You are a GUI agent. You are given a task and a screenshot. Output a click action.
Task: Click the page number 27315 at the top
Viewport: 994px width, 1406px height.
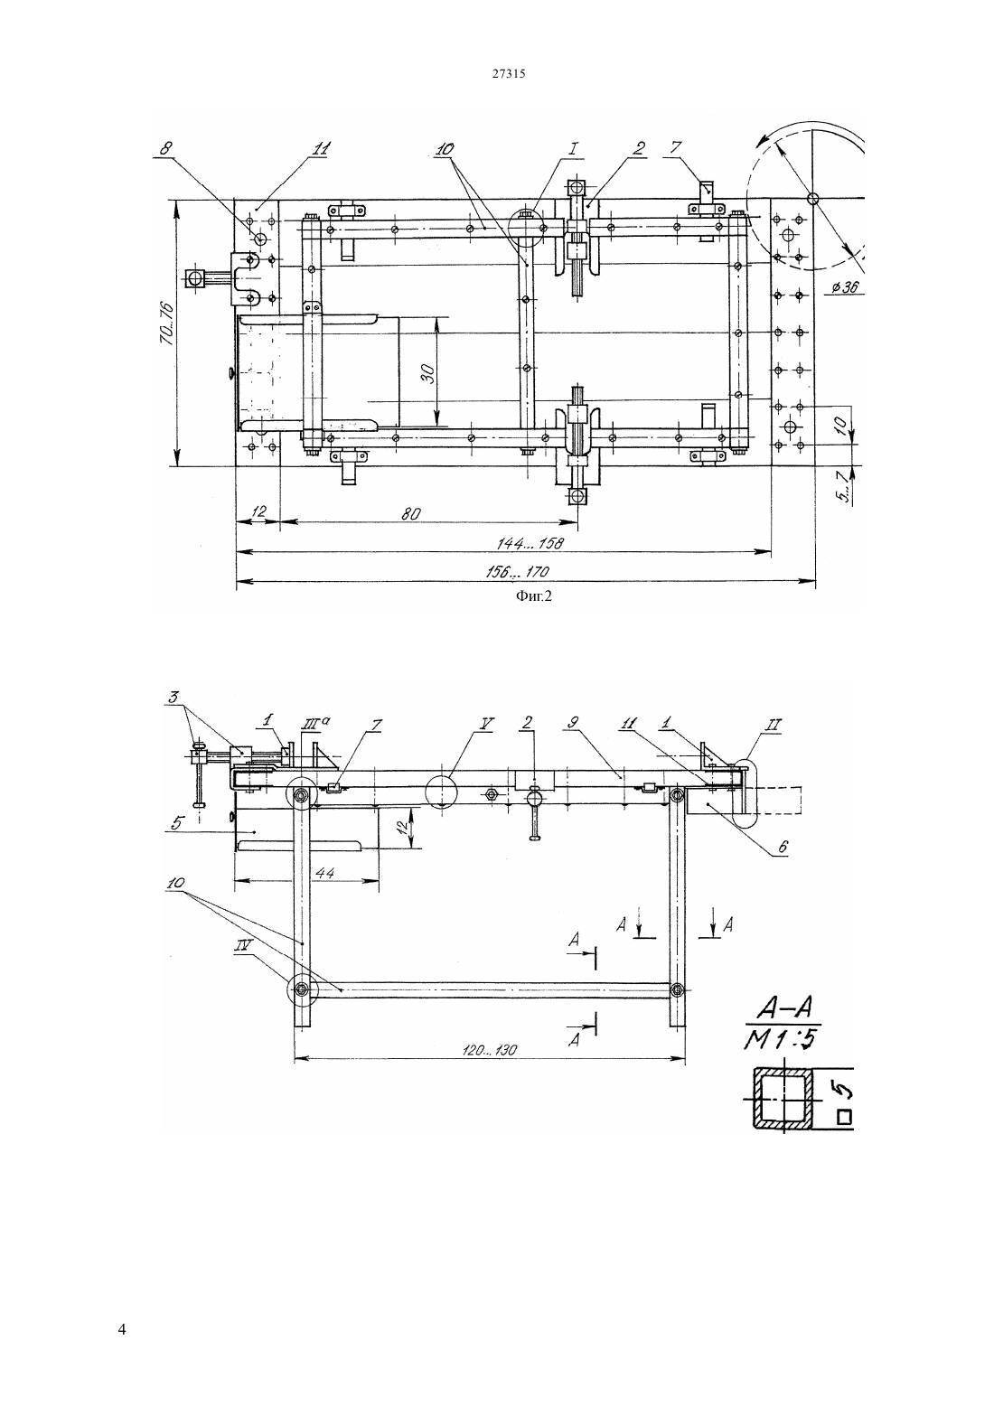pyautogui.click(x=508, y=73)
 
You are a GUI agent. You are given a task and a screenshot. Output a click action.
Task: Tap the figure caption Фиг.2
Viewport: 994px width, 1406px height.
pyautogui.click(x=533, y=597)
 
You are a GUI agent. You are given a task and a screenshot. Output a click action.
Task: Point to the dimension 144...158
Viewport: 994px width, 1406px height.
pyautogui.click(x=530, y=544)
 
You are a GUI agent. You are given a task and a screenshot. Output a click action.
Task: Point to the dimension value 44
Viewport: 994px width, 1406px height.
pyautogui.click(x=325, y=873)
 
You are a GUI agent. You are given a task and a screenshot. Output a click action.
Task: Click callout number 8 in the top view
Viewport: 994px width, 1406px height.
pyautogui.click(x=165, y=149)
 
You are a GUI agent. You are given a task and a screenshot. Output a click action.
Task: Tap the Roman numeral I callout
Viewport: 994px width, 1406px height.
pyautogui.click(x=574, y=148)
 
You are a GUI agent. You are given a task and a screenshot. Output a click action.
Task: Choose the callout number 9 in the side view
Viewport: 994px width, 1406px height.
pyautogui.click(x=572, y=724)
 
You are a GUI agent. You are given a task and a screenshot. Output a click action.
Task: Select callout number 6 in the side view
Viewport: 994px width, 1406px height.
pyautogui.click(x=783, y=848)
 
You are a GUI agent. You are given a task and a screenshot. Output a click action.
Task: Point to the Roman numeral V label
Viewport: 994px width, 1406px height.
pyautogui.click(x=486, y=724)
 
